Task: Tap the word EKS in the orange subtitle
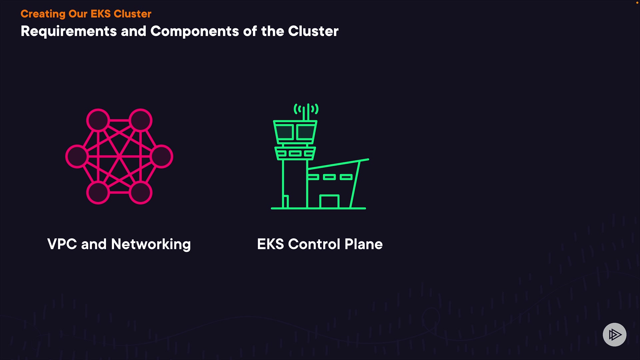tap(100, 14)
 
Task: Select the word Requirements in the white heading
tap(69, 32)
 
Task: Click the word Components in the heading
tap(195, 31)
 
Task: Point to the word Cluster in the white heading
tap(313, 31)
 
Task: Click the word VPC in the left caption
tap(62, 244)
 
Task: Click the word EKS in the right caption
tap(270, 244)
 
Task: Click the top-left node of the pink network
tap(98, 120)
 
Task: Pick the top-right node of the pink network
tap(141, 120)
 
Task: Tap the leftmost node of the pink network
tap(77, 156)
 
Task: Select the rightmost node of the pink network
tap(162, 156)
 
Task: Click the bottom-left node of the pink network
tap(98, 193)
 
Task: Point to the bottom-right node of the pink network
tap(141, 193)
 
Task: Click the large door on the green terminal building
tap(329, 202)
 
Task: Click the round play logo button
tap(614, 334)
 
